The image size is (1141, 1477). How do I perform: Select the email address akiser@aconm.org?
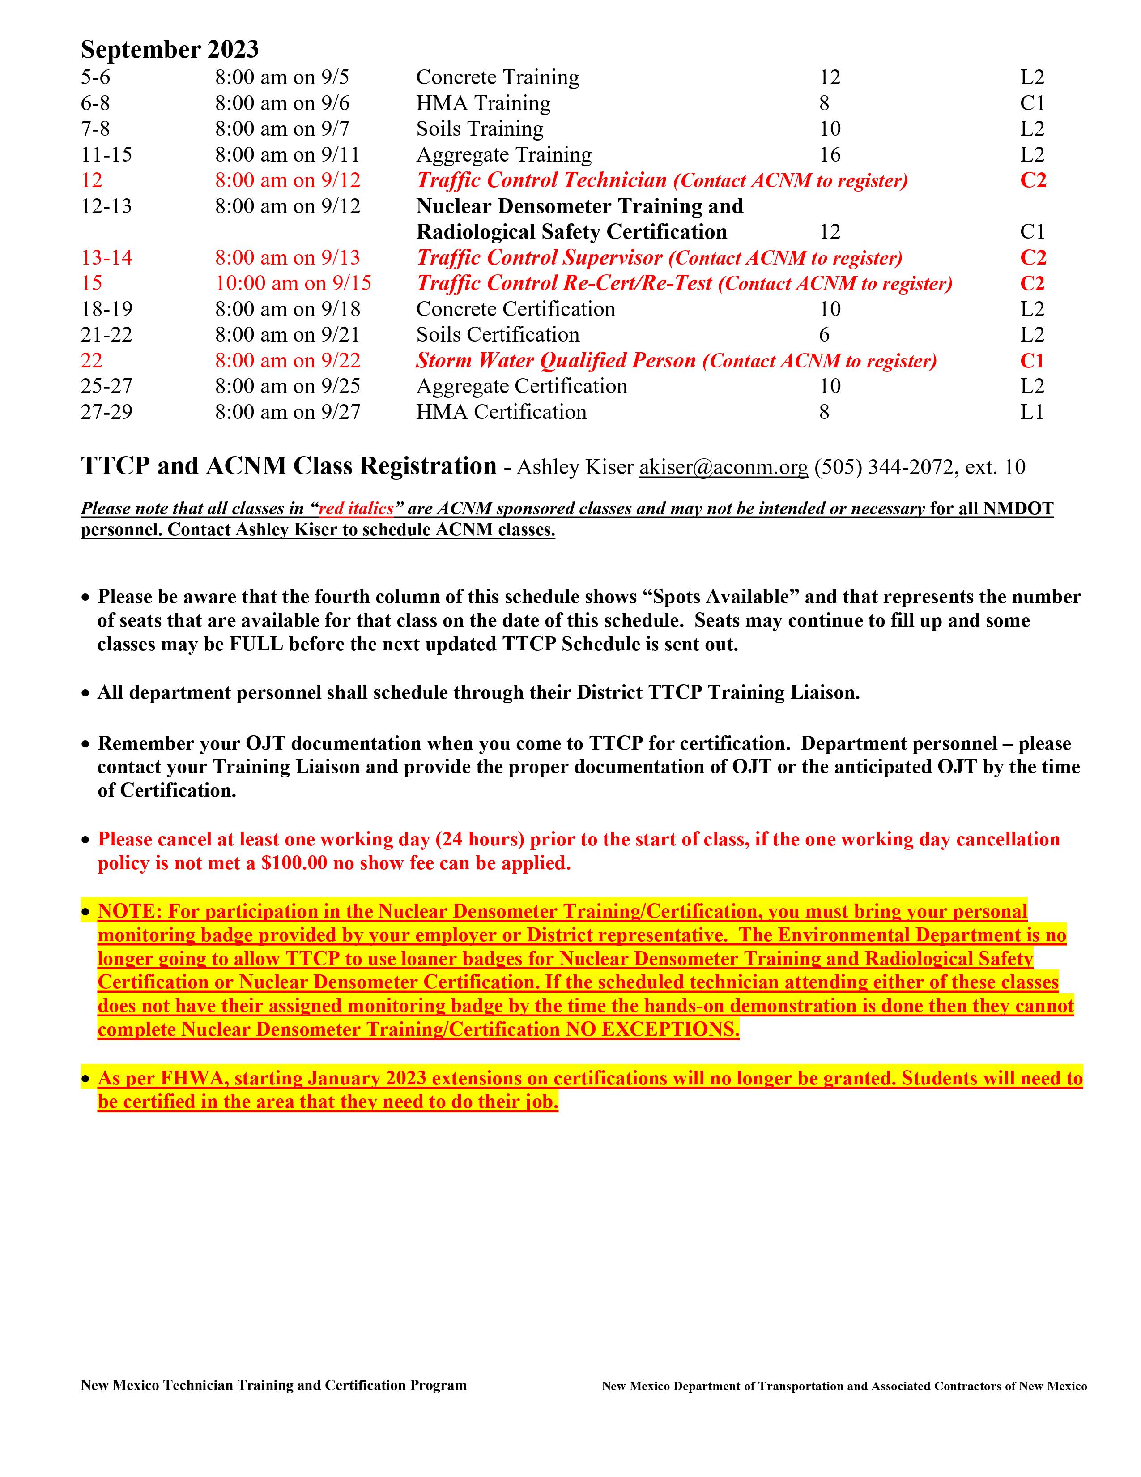[x=723, y=467]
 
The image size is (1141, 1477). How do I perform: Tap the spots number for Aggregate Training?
[x=830, y=155]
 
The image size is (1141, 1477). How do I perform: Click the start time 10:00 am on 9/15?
[x=294, y=283]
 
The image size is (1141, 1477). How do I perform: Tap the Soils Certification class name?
[x=498, y=335]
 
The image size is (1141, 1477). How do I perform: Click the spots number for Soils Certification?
[x=824, y=335]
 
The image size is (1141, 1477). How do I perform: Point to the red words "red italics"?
[x=356, y=508]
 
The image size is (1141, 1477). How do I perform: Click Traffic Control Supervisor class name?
[x=540, y=258]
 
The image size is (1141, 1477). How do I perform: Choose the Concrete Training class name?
[x=498, y=78]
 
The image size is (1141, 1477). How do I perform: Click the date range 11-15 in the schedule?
[x=107, y=155]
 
